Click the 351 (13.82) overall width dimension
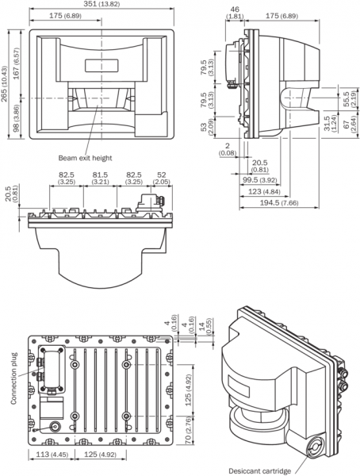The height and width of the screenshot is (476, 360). (101, 4)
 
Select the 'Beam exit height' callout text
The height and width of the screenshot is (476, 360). (85, 158)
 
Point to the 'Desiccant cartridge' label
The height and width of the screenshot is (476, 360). (259, 470)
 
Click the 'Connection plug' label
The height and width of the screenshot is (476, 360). (14, 378)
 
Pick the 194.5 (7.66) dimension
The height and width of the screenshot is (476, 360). (279, 202)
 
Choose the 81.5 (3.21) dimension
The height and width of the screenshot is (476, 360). (100, 178)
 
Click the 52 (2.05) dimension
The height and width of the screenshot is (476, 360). (162, 178)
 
